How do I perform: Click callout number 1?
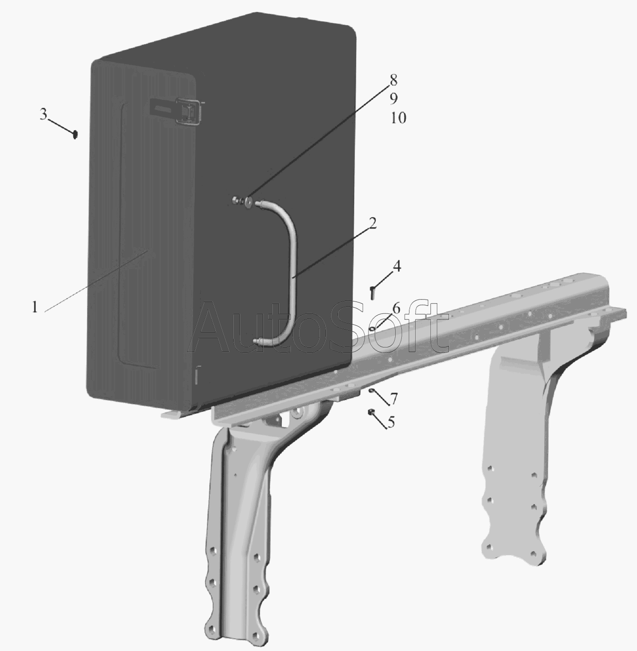point(35,307)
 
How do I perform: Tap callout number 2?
point(372,223)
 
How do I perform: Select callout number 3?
point(43,114)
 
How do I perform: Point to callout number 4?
point(397,266)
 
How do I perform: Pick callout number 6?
point(396,309)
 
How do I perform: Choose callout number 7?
point(394,398)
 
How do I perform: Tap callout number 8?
point(393,80)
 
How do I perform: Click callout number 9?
point(394,98)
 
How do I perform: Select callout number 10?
point(398,118)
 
